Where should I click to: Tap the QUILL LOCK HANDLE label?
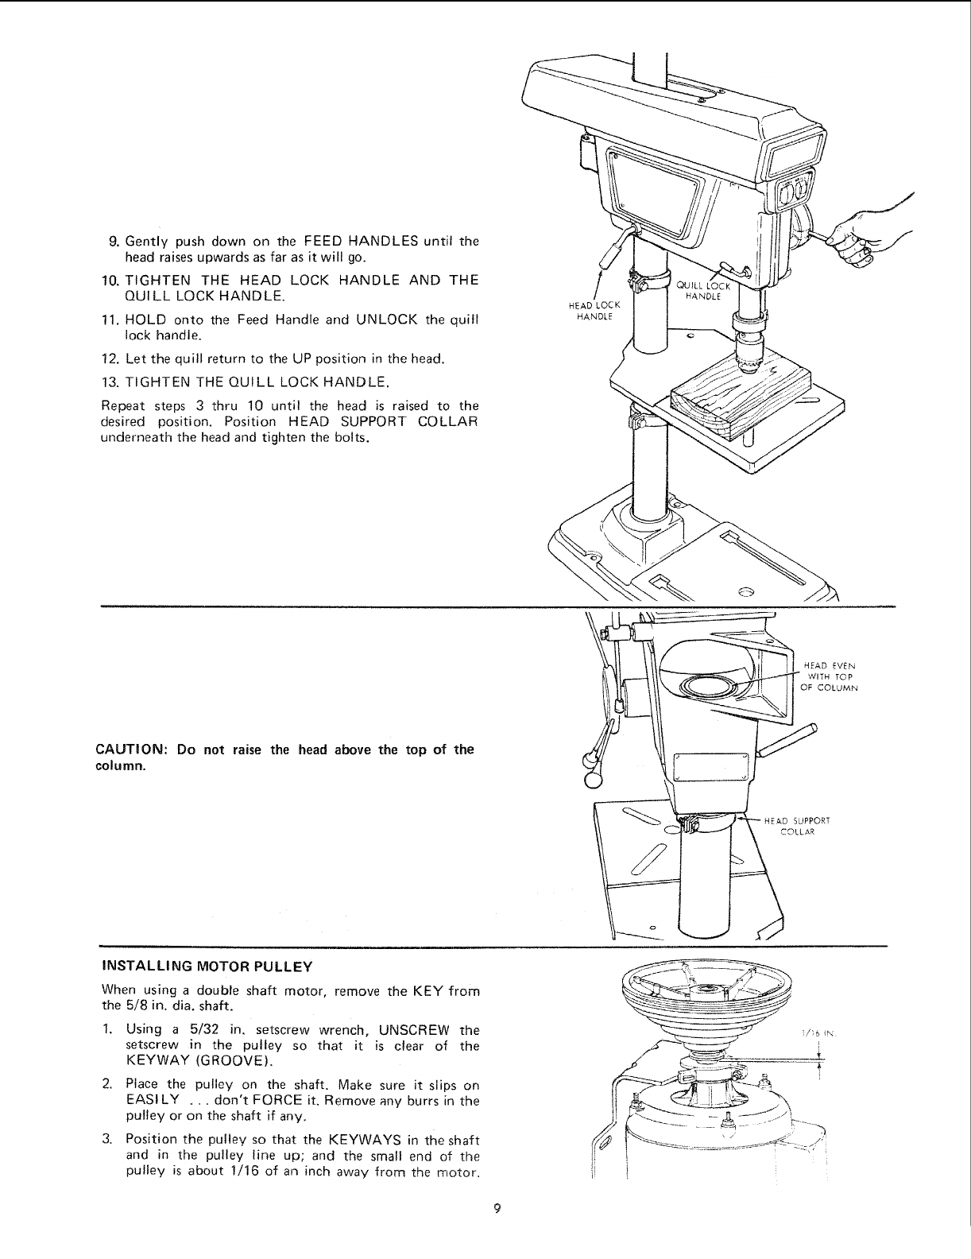point(698,290)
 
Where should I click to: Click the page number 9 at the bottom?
point(496,1231)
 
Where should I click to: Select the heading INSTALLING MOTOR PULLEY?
point(207,967)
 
